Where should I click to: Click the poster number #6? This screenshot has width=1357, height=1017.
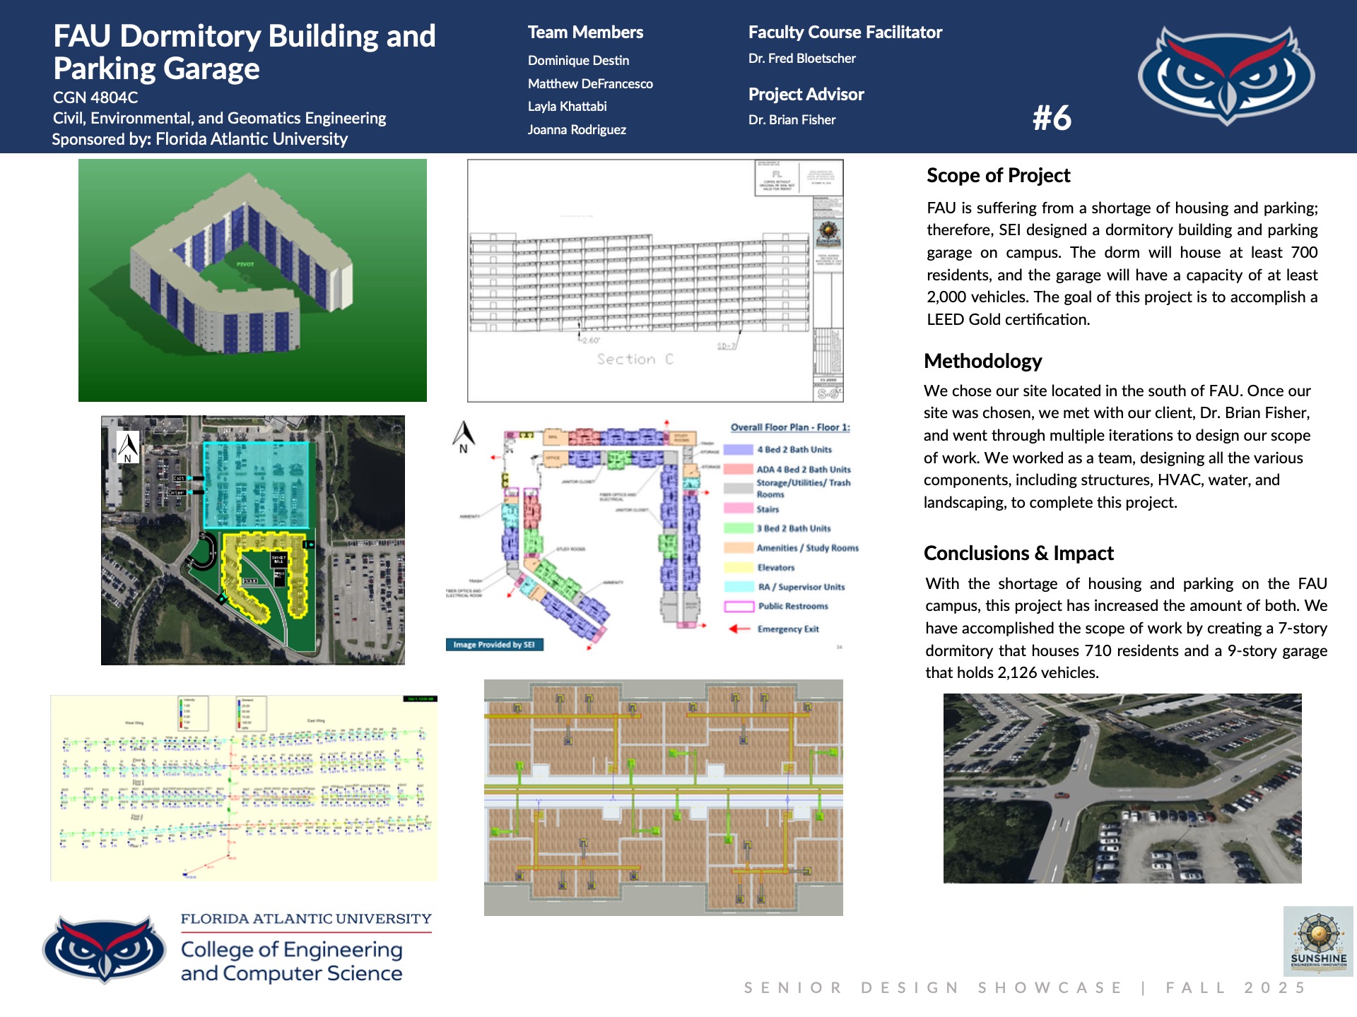[1052, 118]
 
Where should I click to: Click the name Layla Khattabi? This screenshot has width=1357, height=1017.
[567, 107]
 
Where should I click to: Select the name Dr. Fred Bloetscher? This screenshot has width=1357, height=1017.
[801, 59]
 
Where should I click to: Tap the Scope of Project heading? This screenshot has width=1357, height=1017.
[998, 175]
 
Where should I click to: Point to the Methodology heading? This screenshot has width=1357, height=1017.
[982, 361]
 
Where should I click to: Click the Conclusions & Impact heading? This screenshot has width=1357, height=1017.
[1018, 553]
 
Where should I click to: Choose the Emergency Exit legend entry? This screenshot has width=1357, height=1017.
[787, 629]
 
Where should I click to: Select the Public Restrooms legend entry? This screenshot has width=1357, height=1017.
[792, 606]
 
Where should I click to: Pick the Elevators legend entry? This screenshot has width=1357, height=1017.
[775, 567]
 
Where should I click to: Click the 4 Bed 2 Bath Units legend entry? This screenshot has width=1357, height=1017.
[794, 449]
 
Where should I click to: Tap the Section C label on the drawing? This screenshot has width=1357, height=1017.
[635, 359]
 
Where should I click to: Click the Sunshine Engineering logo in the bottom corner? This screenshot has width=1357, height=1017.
[1318, 941]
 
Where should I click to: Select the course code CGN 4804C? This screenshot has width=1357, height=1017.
[95, 97]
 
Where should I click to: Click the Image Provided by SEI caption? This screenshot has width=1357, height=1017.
[494, 644]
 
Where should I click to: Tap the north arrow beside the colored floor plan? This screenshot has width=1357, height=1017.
[464, 436]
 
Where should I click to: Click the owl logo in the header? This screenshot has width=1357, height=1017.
[1226, 75]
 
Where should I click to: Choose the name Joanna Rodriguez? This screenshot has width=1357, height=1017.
[577, 130]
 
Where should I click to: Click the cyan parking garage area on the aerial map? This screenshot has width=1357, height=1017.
[256, 484]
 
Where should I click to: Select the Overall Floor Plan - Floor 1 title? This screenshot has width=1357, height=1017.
[790, 427]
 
